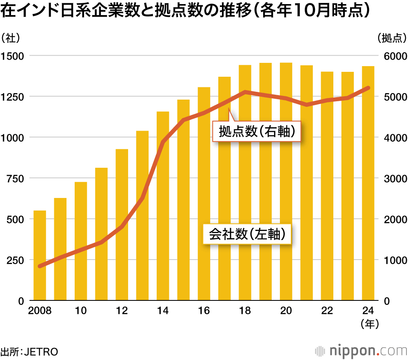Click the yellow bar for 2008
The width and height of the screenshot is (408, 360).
(40, 256)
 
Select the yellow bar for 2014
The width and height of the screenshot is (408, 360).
(163, 206)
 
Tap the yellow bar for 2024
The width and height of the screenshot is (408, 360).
(368, 183)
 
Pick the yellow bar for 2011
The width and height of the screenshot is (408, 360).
(101, 234)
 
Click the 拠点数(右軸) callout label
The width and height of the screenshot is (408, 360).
(257, 131)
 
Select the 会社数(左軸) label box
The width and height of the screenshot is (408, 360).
(247, 234)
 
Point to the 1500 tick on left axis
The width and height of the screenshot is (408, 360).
(12, 56)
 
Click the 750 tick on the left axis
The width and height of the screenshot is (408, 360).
(16, 179)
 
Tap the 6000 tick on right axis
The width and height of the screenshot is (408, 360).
(395, 56)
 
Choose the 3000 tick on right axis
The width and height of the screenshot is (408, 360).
(395, 179)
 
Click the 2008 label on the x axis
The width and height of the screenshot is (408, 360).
(40, 311)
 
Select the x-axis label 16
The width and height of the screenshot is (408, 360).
(204, 311)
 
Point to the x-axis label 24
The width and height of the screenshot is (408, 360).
(368, 311)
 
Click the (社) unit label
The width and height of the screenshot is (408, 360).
(11, 38)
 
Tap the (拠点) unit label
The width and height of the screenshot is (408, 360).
(392, 38)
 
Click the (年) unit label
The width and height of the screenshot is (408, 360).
(370, 324)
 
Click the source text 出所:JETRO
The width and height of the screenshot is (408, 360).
(29, 352)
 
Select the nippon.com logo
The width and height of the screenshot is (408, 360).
(361, 351)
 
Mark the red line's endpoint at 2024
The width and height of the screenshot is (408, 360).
(368, 88)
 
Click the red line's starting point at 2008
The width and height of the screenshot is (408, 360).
(40, 266)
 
